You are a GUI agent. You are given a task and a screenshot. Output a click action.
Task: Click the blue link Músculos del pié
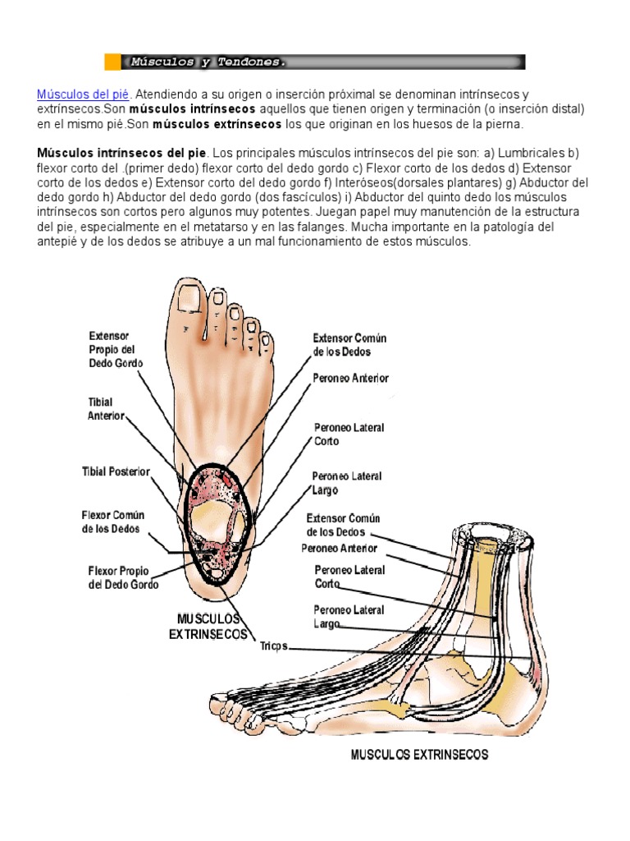coord(83,94)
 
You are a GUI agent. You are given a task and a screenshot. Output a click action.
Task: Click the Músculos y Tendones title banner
coord(315,62)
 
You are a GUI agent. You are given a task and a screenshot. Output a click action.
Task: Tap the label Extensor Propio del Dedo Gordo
coord(116,349)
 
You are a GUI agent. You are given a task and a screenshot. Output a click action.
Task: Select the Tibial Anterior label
coord(106,409)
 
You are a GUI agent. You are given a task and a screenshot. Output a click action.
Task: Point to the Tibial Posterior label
coord(116,471)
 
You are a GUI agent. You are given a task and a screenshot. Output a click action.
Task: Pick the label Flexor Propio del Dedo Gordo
coord(123,577)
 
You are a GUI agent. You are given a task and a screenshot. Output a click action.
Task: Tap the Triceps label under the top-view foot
coord(274,646)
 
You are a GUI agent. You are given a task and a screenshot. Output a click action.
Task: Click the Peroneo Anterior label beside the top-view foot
coord(350,379)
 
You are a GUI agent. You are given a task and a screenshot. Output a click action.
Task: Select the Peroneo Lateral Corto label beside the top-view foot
coord(349,434)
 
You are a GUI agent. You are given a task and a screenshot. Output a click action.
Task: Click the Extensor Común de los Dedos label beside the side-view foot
coord(343,525)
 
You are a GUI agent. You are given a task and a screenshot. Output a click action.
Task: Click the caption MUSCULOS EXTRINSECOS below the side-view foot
coord(419,754)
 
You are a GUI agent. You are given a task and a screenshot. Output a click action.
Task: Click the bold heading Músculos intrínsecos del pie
coord(122,154)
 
